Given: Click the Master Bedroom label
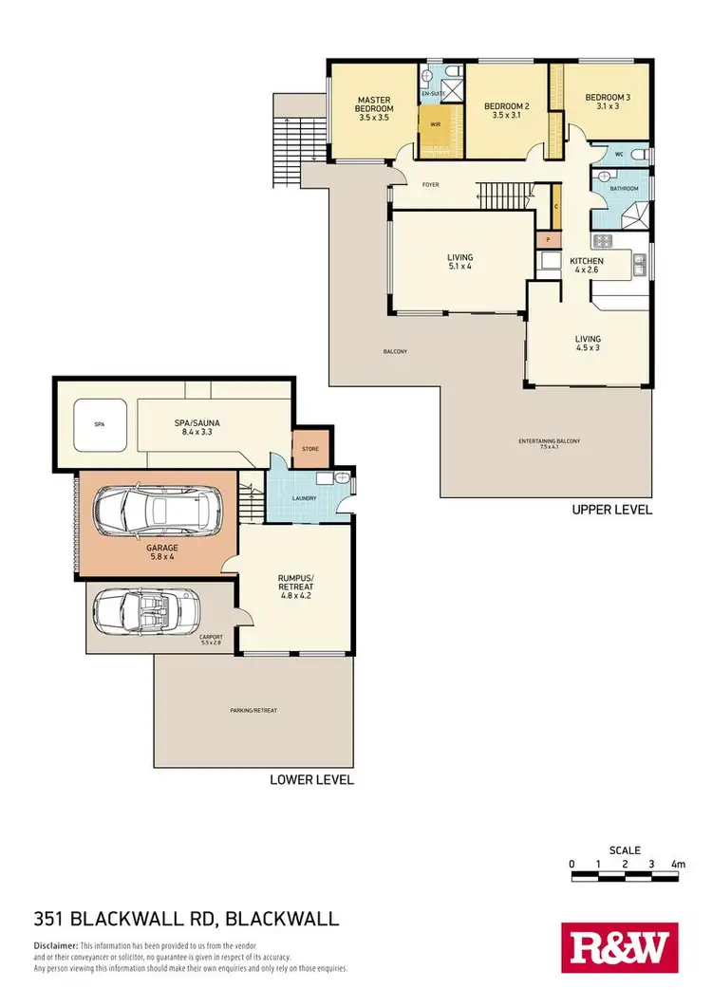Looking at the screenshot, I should (x=374, y=104).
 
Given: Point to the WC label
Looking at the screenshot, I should (x=618, y=153).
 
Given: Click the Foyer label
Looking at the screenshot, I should (x=430, y=184).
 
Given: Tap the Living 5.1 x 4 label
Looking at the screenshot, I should (x=460, y=262).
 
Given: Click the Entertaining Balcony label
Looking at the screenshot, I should (x=550, y=443).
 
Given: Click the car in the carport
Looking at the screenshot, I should (x=148, y=607).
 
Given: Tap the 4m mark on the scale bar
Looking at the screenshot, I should (x=678, y=864).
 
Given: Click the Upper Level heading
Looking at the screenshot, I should (x=611, y=510).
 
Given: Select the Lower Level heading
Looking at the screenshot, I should (x=311, y=780).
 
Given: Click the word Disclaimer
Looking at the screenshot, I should (x=55, y=946).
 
